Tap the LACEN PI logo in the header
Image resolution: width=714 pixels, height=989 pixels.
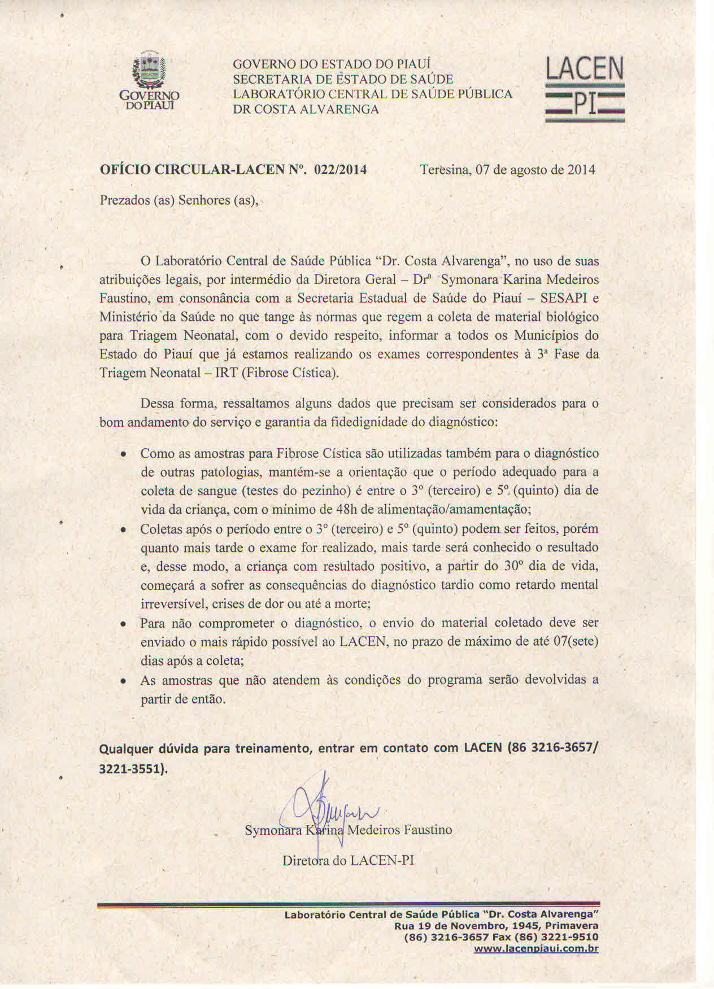click(584, 89)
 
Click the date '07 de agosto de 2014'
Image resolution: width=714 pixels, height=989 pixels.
click(535, 169)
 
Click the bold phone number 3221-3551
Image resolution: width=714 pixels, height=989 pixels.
click(132, 769)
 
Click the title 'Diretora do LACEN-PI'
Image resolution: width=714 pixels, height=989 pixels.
click(348, 860)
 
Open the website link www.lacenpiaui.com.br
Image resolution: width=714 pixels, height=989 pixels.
click(536, 949)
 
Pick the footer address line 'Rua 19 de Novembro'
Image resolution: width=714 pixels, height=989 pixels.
click(497, 926)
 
